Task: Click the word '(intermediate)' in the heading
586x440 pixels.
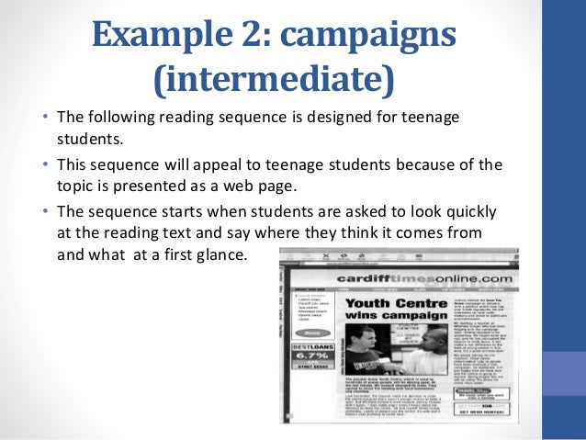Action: [272, 80]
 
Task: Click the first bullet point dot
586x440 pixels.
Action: [46, 118]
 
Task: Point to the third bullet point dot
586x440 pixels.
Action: [46, 210]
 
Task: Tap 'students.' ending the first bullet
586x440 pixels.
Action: [89, 140]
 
